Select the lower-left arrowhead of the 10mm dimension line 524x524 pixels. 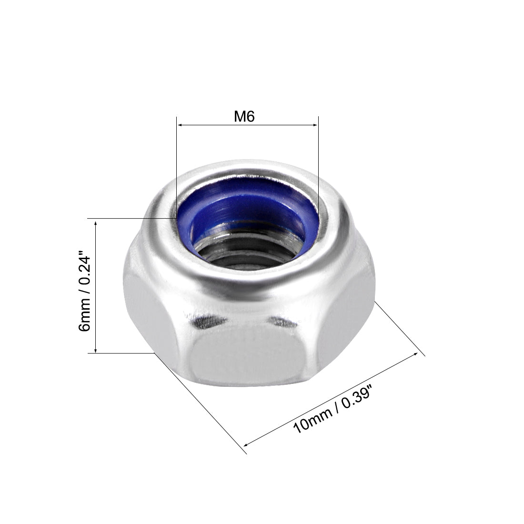(246, 444)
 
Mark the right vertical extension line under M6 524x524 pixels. (318, 162)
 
